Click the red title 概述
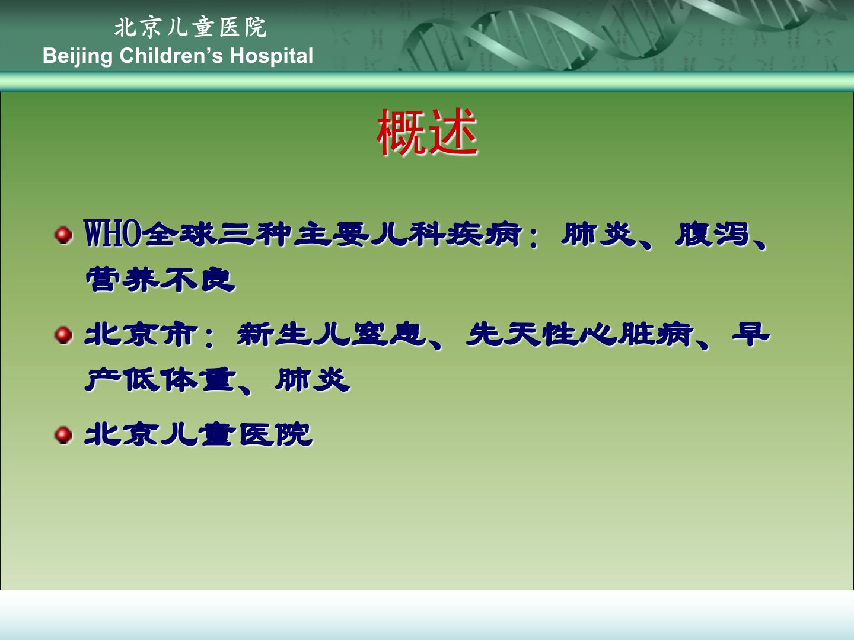pyautogui.click(x=427, y=132)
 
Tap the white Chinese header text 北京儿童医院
pyautogui.click(x=190, y=28)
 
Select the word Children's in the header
pyautogui.click(x=171, y=55)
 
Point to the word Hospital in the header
pyautogui.click(x=272, y=55)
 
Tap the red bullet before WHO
pyautogui.click(x=63, y=235)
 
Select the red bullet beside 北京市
pyautogui.click(x=63, y=335)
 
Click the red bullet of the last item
pyautogui.click(x=63, y=435)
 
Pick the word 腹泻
pyautogui.click(x=712, y=234)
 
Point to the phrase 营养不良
pyautogui.click(x=160, y=279)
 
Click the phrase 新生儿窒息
pyautogui.click(x=331, y=334)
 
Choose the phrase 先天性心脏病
pyautogui.click(x=579, y=334)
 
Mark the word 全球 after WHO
pyautogui.click(x=179, y=234)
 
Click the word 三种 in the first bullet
pyautogui.click(x=254, y=234)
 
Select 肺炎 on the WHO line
pyautogui.click(x=599, y=234)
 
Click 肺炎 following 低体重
pyautogui.click(x=313, y=379)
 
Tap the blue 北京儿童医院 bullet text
pyautogui.click(x=199, y=434)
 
